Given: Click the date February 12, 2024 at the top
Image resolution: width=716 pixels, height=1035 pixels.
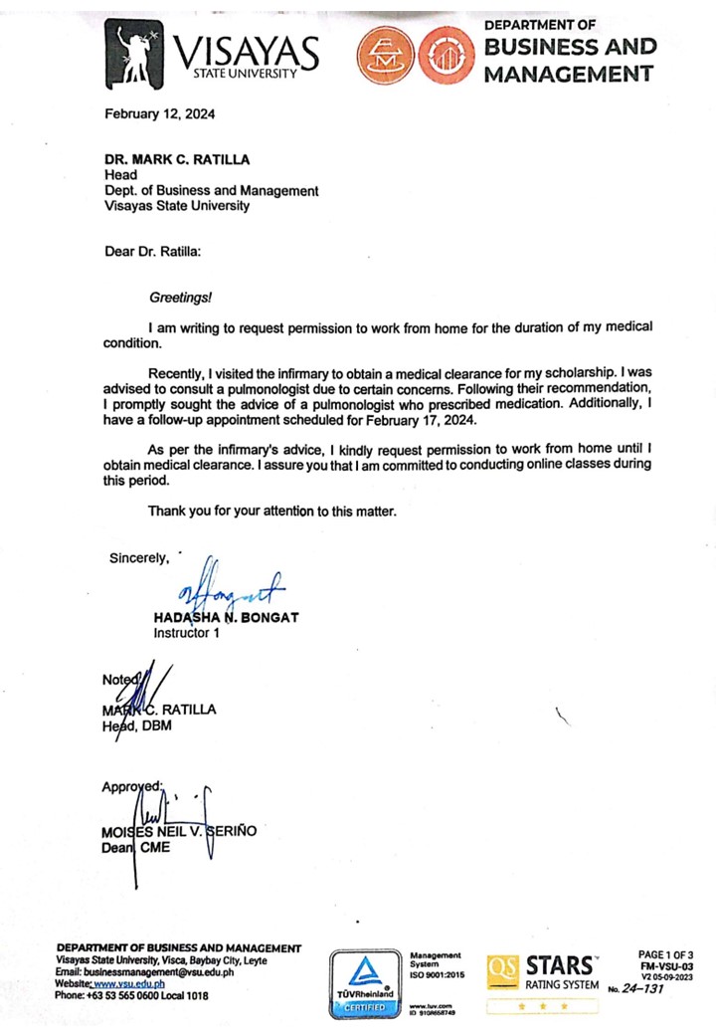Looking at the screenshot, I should click(x=160, y=113).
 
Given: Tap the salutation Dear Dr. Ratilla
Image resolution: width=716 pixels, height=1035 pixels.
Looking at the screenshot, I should click(x=153, y=251).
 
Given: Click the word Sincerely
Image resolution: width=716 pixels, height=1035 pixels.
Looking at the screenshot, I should click(x=139, y=558).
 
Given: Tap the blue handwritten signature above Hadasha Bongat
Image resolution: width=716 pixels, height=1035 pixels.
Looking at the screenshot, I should click(x=227, y=590).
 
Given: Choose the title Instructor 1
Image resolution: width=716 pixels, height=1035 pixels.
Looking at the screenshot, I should click(x=187, y=632).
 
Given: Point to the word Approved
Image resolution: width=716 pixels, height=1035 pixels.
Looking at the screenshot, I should click(x=131, y=787).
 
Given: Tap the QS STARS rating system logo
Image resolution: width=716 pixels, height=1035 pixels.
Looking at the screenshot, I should click(x=543, y=975).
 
